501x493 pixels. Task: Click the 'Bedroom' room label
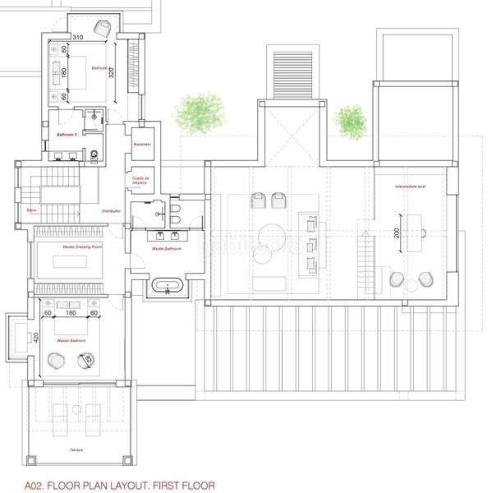tap(99, 67)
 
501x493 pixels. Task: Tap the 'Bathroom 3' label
tap(67, 134)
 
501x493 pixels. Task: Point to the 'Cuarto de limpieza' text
tap(140, 180)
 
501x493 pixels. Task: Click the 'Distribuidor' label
tap(112, 211)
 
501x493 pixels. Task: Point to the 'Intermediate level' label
tap(410, 188)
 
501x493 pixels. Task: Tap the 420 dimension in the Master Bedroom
tap(36, 337)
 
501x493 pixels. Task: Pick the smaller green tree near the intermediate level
tap(352, 120)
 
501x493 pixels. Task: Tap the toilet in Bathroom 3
tap(94, 153)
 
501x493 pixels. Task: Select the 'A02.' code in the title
tap(35, 486)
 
